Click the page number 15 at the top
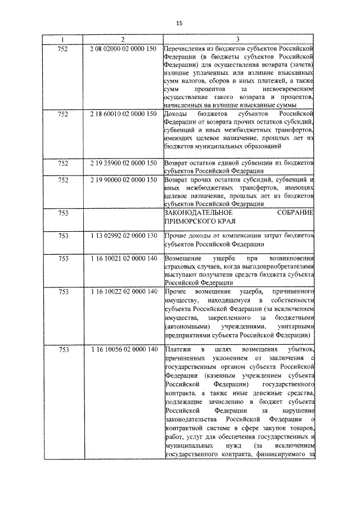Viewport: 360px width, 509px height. coord(179,23)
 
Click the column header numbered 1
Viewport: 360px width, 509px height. coord(63,39)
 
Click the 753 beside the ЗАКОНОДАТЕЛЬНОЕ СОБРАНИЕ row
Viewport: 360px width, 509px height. coord(63,213)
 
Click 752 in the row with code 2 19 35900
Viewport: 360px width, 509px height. coord(63,163)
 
